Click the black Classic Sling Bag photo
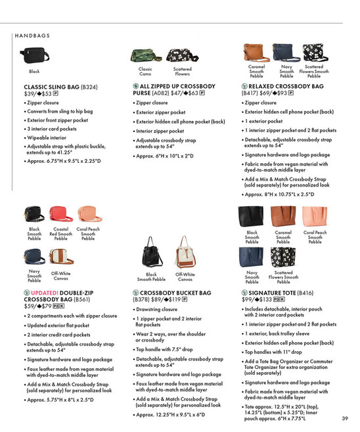point(34,53)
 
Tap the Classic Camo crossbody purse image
point(145,56)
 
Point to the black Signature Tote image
point(252,215)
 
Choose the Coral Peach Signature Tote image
point(315,215)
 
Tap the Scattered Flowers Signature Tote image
point(283,257)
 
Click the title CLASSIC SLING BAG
point(52,87)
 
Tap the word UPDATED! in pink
point(47,292)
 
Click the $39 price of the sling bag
point(29,94)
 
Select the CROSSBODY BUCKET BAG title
point(175,292)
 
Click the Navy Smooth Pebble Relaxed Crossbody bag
point(286,52)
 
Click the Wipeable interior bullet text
point(48,137)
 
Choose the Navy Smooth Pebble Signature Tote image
point(252,257)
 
